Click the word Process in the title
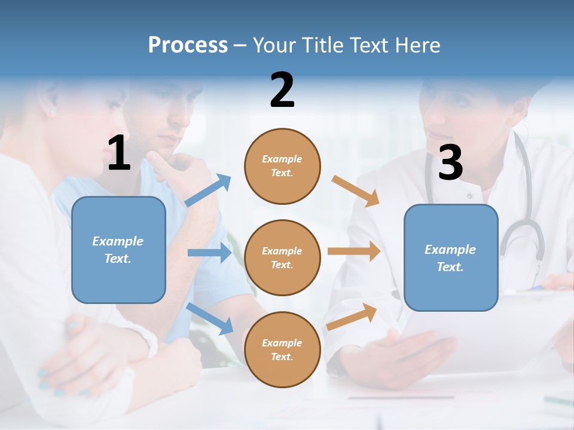tap(188, 45)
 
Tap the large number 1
tap(119, 153)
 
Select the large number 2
tap(282, 90)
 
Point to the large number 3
tap(450, 162)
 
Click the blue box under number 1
tap(118, 250)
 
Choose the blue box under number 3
tap(451, 257)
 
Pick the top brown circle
tap(282, 166)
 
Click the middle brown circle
tap(282, 257)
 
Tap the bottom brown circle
tap(282, 349)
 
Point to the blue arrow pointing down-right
tap(210, 318)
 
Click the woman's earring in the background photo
tap(52, 111)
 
